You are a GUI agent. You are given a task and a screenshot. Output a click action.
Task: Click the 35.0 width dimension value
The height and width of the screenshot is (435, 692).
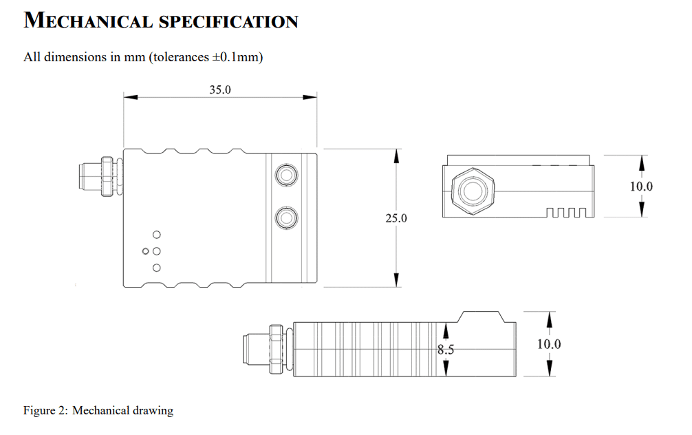220,90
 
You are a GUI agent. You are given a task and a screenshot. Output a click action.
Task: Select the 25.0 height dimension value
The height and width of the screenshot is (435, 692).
396,218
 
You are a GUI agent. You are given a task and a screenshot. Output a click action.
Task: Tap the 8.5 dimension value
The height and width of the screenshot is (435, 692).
446,350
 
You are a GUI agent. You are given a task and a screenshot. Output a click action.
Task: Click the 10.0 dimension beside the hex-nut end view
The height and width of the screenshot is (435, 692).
641,186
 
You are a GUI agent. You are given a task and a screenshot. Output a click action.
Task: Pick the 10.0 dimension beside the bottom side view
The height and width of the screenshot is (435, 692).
549,344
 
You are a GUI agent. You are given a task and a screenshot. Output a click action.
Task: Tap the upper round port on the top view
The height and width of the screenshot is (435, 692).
285,174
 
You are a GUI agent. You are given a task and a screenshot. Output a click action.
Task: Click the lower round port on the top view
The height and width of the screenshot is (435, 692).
285,218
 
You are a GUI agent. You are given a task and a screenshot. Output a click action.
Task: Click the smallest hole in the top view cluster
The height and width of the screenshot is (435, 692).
146,251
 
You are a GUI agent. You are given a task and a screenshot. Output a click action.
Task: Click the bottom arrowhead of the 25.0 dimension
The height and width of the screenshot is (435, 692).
396,280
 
